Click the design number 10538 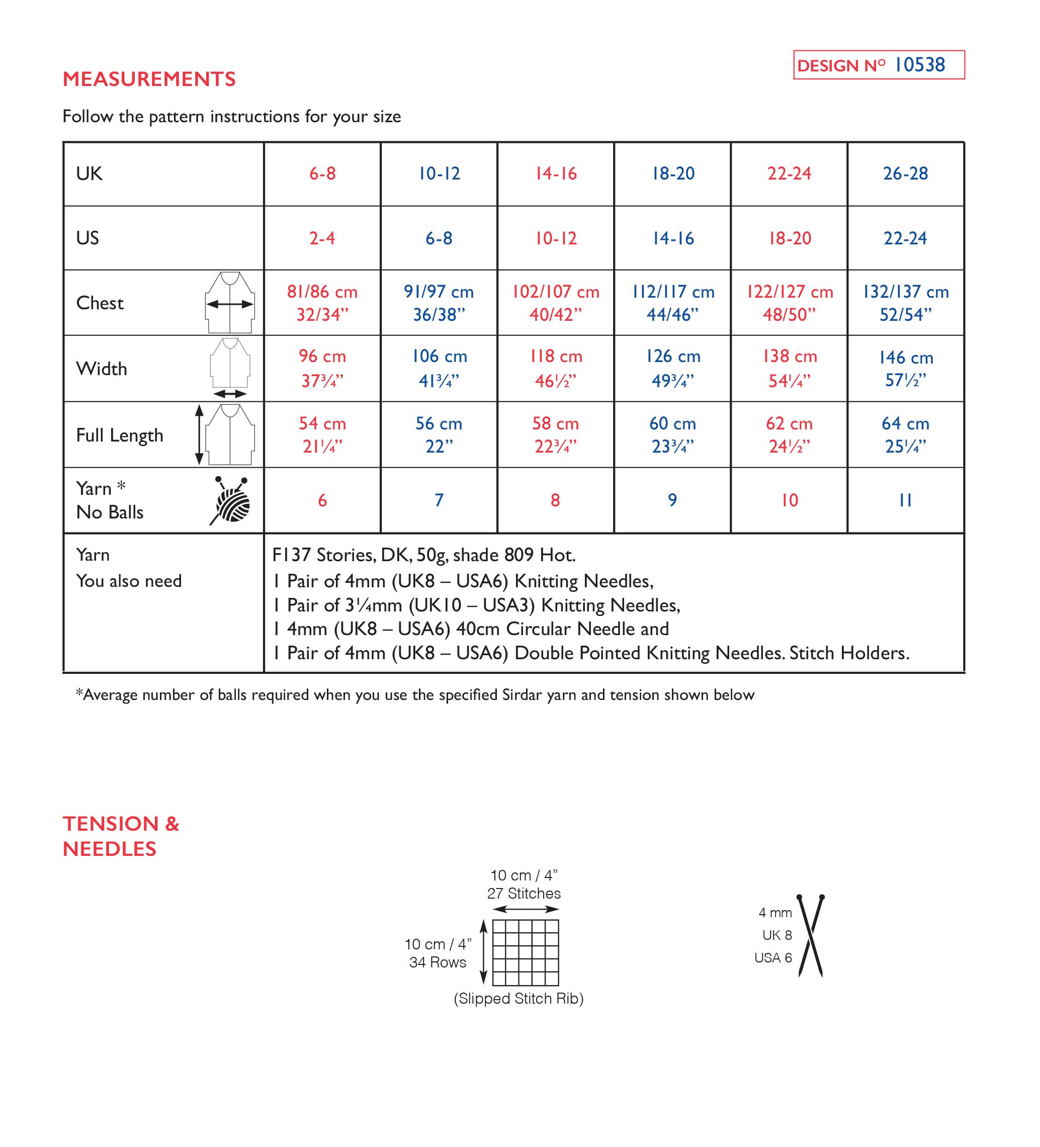click(919, 65)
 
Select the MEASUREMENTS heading click(149, 79)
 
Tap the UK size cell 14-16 click(556, 173)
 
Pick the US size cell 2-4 click(322, 238)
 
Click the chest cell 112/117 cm click(673, 303)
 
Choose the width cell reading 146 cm click(906, 369)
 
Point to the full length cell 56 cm click(439, 434)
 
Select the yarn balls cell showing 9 click(672, 500)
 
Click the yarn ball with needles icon click(231, 501)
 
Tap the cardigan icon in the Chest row click(230, 302)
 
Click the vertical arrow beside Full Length click(199, 434)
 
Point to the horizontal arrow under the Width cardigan click(230, 394)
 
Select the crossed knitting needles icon click(811, 936)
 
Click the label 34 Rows click(438, 962)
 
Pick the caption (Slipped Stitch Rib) click(518, 999)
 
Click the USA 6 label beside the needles click(772, 958)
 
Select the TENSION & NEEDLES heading click(121, 836)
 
